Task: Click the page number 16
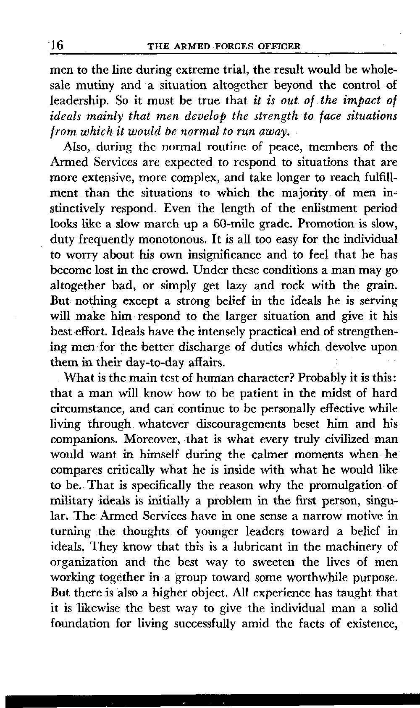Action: [56, 45]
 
